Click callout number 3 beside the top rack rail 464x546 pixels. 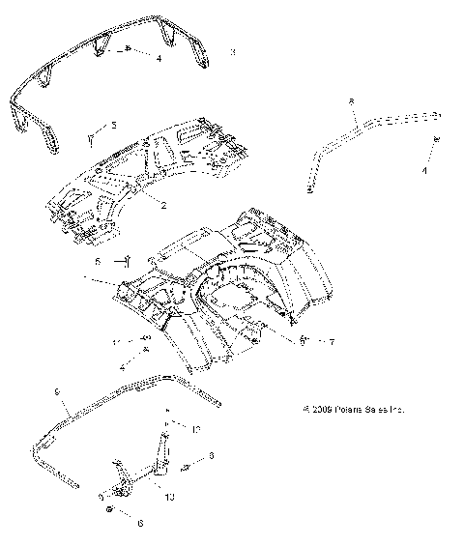[x=233, y=52]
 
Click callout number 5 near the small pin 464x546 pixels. [x=113, y=125]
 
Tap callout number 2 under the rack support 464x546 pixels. [x=164, y=205]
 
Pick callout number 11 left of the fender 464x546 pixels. [x=115, y=342]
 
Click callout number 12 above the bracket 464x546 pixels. [x=196, y=427]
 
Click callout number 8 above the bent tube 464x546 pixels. [x=351, y=101]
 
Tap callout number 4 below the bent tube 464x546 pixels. [x=423, y=170]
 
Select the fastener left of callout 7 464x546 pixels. [x=304, y=340]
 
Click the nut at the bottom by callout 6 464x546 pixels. [x=113, y=509]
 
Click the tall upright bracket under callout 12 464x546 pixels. [x=163, y=454]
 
